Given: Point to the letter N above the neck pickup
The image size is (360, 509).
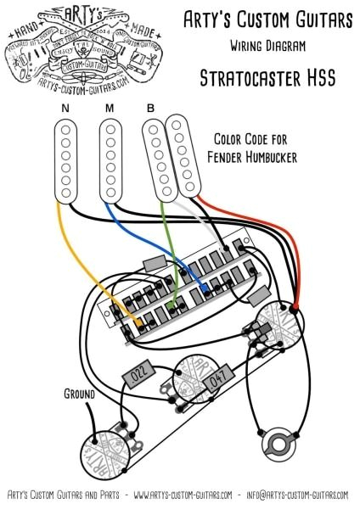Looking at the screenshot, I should click(65, 109).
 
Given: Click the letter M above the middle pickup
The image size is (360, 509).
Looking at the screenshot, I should click(110, 109).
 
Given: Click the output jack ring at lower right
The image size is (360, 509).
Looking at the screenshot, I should click(277, 444).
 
